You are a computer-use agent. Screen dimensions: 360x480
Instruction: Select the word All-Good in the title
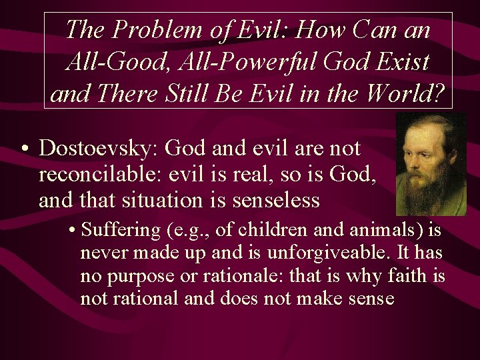(109, 62)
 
